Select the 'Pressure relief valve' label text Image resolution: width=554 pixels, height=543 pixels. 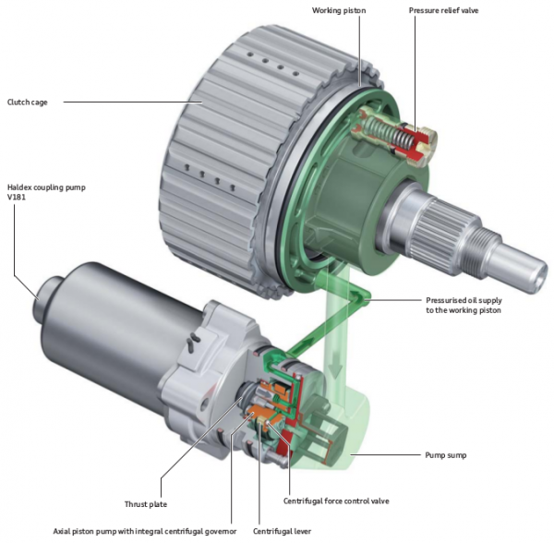click(x=444, y=12)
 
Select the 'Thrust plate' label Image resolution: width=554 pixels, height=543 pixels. click(x=147, y=503)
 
